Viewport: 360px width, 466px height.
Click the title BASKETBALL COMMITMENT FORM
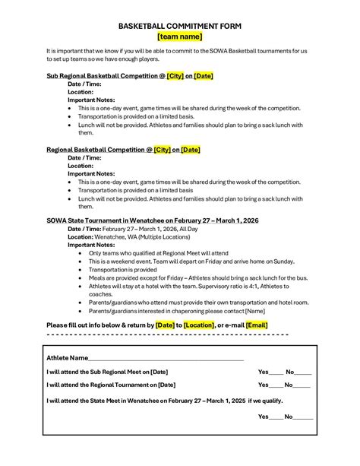coord(179,24)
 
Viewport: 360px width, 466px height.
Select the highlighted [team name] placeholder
coord(179,36)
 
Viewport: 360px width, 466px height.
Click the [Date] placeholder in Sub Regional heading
coord(204,77)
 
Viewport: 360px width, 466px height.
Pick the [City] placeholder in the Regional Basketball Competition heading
coord(162,151)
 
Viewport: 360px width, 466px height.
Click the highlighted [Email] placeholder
coord(257,325)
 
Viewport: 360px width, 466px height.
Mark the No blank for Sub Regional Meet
coord(302,372)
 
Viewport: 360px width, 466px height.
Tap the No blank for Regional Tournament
coord(302,385)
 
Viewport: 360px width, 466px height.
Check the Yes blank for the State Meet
coord(276,417)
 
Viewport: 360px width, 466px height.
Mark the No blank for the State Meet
coord(304,417)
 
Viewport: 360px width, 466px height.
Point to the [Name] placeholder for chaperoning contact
coord(254,311)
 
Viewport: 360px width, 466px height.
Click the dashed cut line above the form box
coord(167,334)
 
